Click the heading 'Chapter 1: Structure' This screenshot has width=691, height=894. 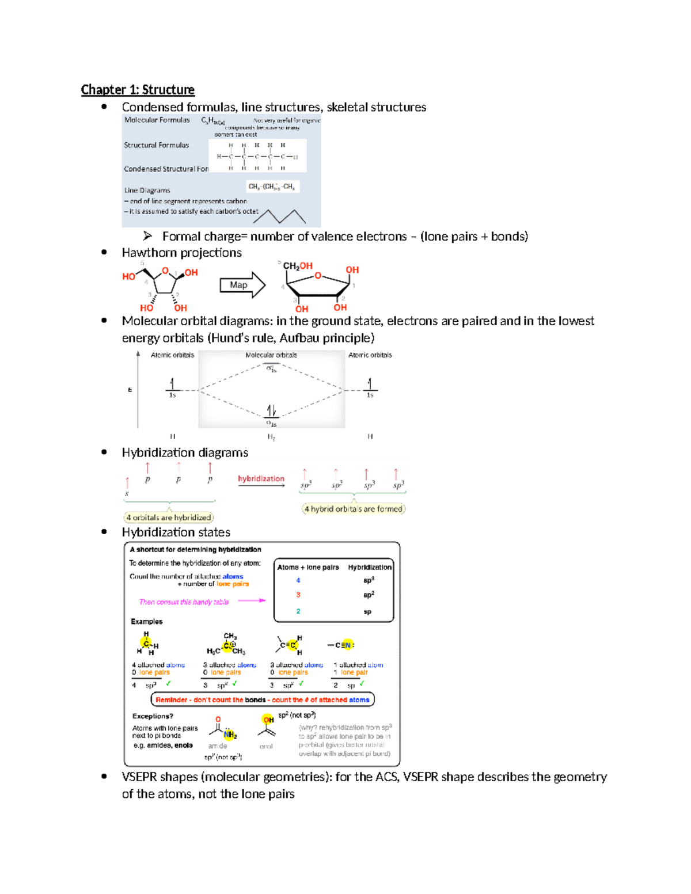138,90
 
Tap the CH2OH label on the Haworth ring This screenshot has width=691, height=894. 298,266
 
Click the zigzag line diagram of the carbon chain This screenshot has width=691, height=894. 279,216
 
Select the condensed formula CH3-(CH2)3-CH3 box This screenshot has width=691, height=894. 272,187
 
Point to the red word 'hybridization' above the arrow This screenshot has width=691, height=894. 261,478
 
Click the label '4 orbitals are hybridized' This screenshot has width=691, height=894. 169,518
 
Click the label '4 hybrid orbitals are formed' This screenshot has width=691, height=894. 354,509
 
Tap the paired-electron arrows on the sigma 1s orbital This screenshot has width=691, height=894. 271,410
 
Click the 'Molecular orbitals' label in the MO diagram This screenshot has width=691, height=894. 271,355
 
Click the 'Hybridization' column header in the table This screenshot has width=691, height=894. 370,567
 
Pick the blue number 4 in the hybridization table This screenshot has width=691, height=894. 298,580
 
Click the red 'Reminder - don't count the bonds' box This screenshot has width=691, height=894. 263,699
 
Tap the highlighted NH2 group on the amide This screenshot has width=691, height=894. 230,735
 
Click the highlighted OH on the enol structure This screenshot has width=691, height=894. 268,720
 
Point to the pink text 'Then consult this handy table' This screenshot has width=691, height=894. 184,602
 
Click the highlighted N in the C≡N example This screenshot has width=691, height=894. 347,645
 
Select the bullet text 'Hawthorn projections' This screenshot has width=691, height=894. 181,253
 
